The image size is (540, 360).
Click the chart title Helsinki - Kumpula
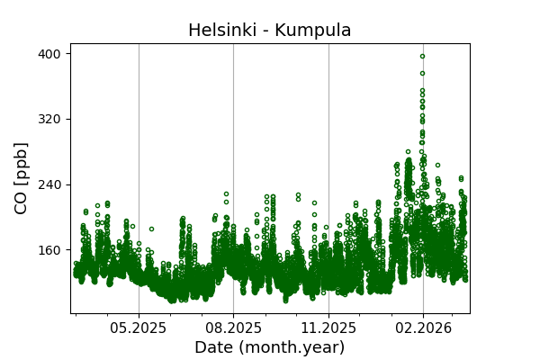269,31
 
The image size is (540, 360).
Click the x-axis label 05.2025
139,328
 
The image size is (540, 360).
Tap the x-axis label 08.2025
233,328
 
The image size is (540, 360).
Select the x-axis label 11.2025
328,328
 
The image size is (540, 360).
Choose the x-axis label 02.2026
423,328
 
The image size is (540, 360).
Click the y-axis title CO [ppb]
22,178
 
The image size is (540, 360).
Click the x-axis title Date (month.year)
269,347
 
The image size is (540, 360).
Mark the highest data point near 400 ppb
422,56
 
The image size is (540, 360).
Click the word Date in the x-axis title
212,347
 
